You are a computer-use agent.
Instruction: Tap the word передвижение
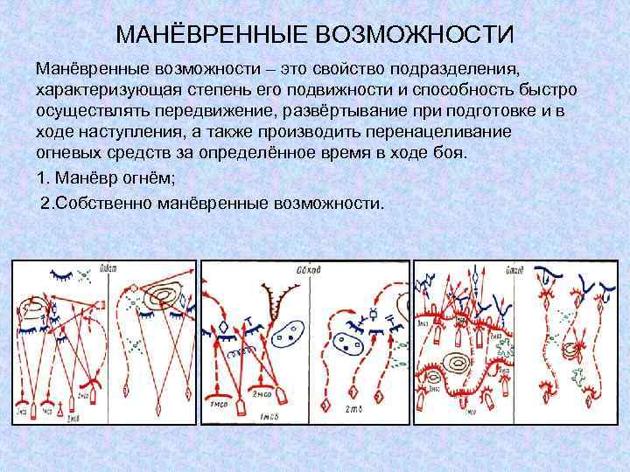[190, 111]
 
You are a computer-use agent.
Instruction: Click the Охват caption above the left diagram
[110, 268]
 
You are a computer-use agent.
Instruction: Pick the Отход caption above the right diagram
[514, 268]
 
